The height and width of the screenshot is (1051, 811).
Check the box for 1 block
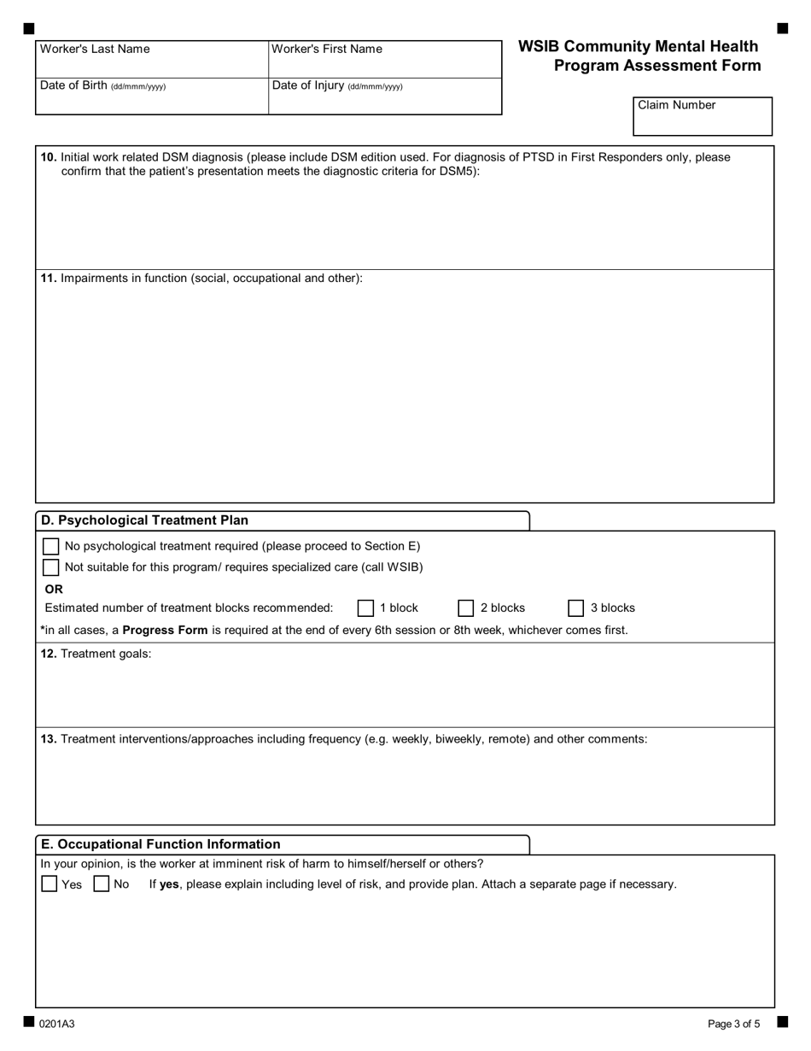click(x=365, y=608)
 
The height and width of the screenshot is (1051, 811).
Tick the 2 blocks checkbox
click(x=466, y=608)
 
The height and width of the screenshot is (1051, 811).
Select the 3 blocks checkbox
click(x=576, y=608)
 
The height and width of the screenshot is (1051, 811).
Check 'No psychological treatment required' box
click(x=51, y=546)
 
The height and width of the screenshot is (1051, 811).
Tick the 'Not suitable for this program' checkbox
click(x=51, y=567)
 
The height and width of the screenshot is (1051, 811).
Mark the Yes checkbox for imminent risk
click(x=50, y=884)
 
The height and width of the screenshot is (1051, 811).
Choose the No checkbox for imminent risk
click(x=102, y=884)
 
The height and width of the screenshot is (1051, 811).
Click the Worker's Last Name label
click(x=95, y=50)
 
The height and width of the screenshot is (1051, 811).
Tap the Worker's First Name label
click(x=327, y=50)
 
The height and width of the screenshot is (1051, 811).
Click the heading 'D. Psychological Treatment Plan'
click(x=145, y=520)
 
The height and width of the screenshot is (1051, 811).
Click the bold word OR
click(x=54, y=589)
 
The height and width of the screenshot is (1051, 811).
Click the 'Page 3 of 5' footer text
click(x=733, y=1024)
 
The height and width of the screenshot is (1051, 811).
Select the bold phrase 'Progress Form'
click(x=165, y=631)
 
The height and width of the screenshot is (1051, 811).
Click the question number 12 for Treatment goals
click(x=50, y=655)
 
